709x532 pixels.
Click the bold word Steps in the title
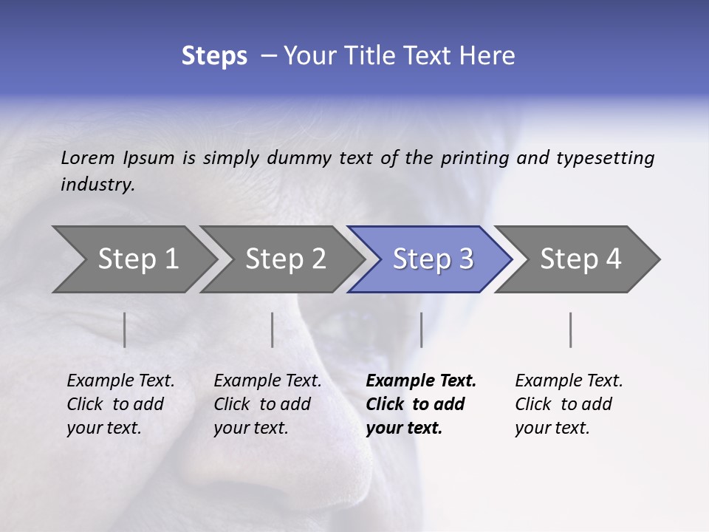click(x=214, y=56)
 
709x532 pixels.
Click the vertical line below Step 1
click(x=125, y=330)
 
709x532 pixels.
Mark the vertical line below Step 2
click(x=273, y=330)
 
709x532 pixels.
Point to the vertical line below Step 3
click(x=421, y=330)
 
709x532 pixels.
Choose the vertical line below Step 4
click(x=571, y=330)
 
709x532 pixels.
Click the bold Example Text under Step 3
click(x=421, y=381)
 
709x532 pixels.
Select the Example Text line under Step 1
click(x=120, y=381)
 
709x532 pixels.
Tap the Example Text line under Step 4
click(x=569, y=381)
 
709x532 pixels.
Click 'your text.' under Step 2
click(x=251, y=428)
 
